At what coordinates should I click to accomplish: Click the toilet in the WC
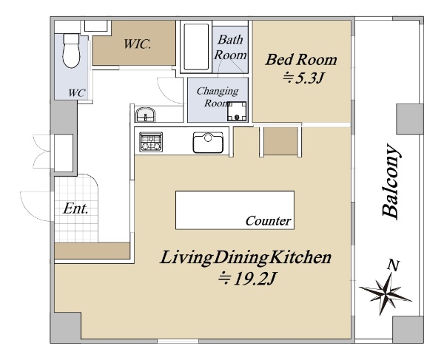click(71, 51)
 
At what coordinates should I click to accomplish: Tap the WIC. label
click(138, 44)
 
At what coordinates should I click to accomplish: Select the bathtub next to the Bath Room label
click(196, 47)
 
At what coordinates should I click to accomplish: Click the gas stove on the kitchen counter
click(151, 142)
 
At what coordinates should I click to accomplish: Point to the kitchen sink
click(208, 143)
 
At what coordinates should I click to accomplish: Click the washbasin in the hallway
click(145, 115)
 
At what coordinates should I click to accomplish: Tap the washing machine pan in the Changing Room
click(237, 111)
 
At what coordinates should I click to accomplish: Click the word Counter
click(268, 221)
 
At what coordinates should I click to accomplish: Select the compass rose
click(385, 293)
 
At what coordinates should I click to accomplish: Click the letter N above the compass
click(394, 265)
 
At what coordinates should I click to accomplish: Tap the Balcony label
click(391, 182)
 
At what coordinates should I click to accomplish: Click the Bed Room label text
click(301, 60)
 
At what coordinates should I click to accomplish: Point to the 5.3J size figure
click(303, 78)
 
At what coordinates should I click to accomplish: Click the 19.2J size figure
click(247, 279)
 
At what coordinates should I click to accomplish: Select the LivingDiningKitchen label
click(246, 258)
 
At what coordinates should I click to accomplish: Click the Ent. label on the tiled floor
click(75, 209)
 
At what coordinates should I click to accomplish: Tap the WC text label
click(77, 92)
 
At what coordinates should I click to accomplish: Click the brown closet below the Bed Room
click(281, 141)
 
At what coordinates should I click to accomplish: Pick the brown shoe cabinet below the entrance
click(92, 251)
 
